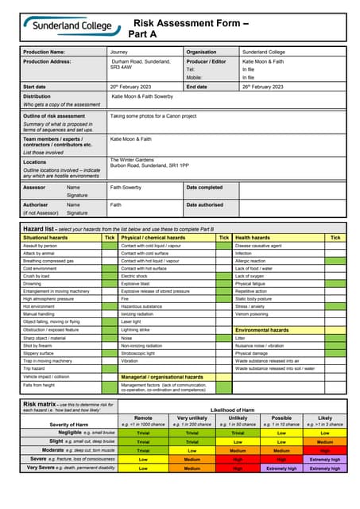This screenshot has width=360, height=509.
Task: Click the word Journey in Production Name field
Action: tap(122, 52)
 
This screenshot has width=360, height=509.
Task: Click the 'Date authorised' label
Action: tap(204, 204)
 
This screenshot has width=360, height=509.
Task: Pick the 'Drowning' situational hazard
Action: tap(33, 283)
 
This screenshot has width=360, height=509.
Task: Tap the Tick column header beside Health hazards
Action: tap(335, 237)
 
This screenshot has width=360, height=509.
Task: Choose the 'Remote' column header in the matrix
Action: tap(142, 417)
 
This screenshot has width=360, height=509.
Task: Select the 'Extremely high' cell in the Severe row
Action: tap(324, 459)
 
